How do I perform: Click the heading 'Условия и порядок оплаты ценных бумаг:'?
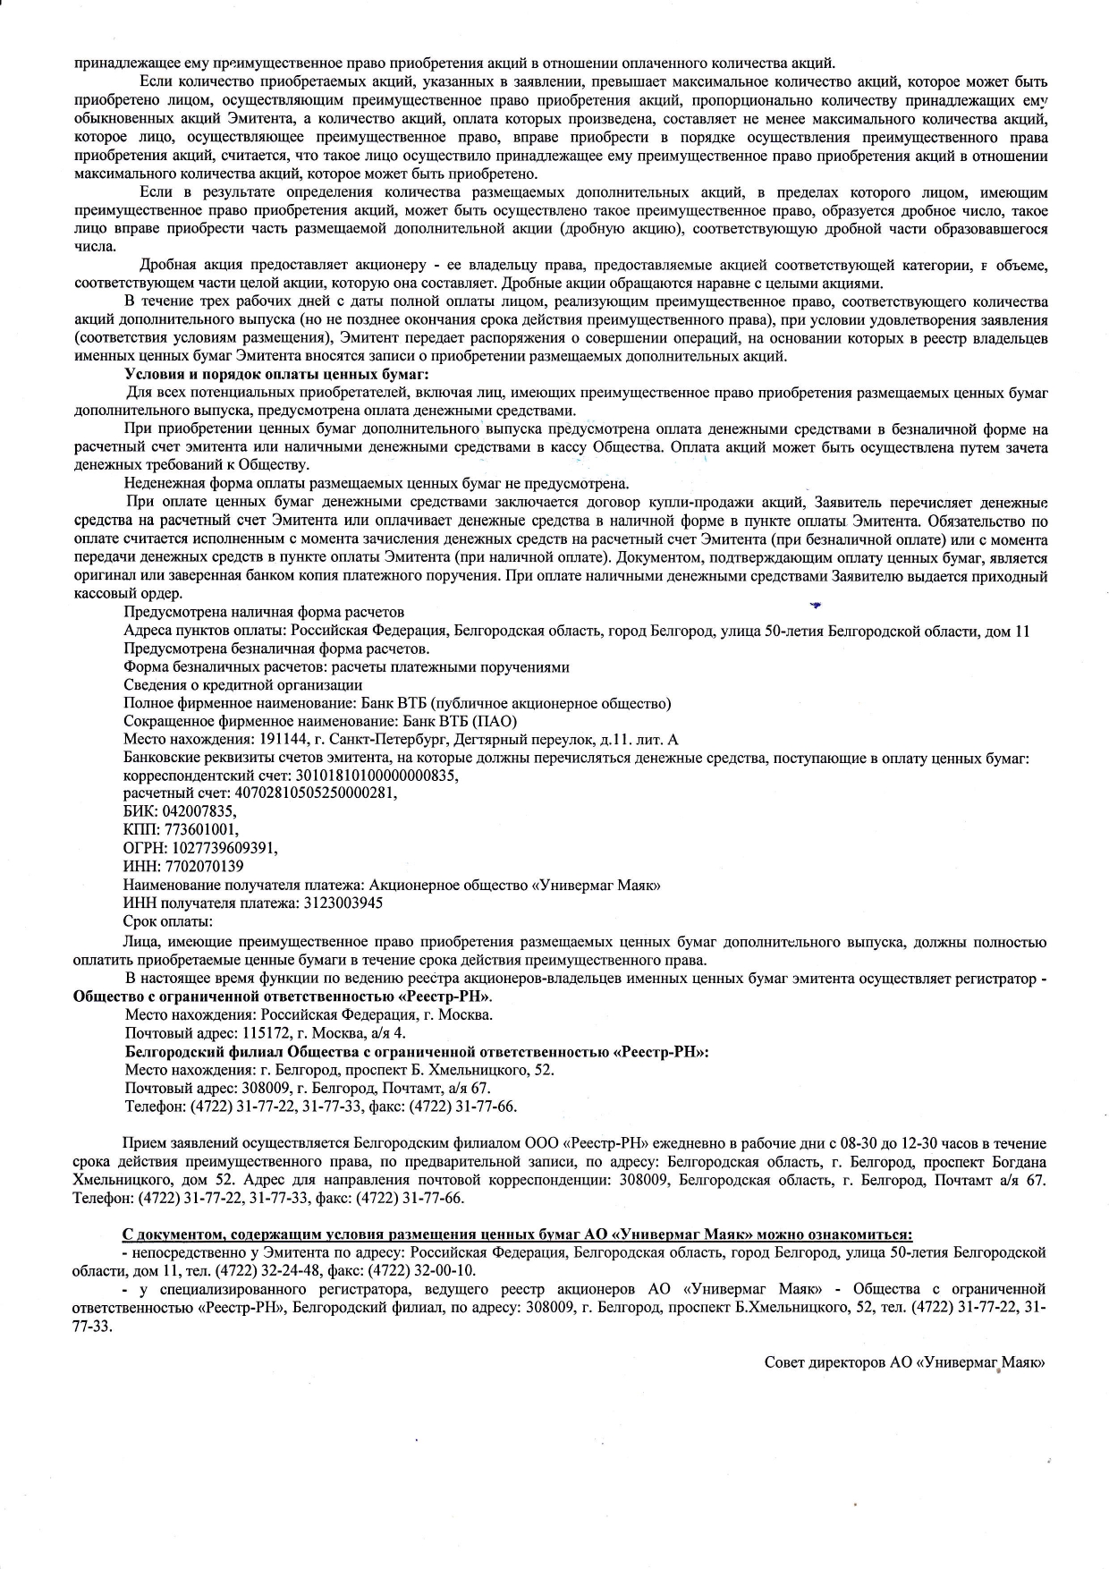277,374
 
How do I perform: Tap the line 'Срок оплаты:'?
168,921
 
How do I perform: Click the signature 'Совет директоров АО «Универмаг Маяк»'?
905,1362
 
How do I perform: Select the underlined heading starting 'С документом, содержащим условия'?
517,1234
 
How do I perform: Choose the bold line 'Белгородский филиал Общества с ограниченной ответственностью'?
417,1051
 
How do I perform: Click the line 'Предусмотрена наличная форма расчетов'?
264,612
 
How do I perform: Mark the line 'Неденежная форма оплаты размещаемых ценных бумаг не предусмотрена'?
377,484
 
